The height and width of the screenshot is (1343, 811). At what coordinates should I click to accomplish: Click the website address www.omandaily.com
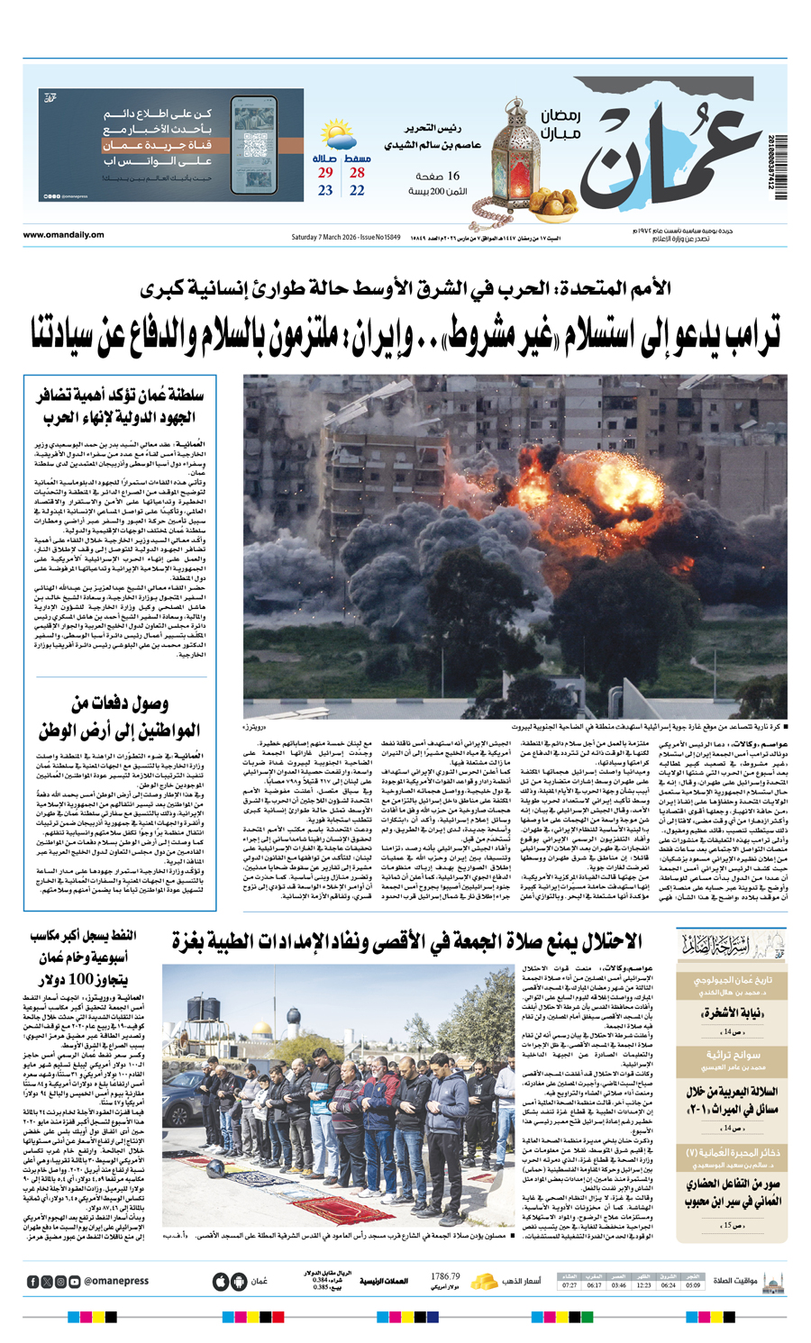[x=64, y=235]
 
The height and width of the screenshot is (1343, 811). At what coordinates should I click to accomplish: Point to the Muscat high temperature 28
[x=357, y=173]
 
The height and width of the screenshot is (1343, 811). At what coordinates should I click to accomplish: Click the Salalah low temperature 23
[x=325, y=191]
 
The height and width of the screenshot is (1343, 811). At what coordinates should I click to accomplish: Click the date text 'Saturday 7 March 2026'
[x=322, y=236]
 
